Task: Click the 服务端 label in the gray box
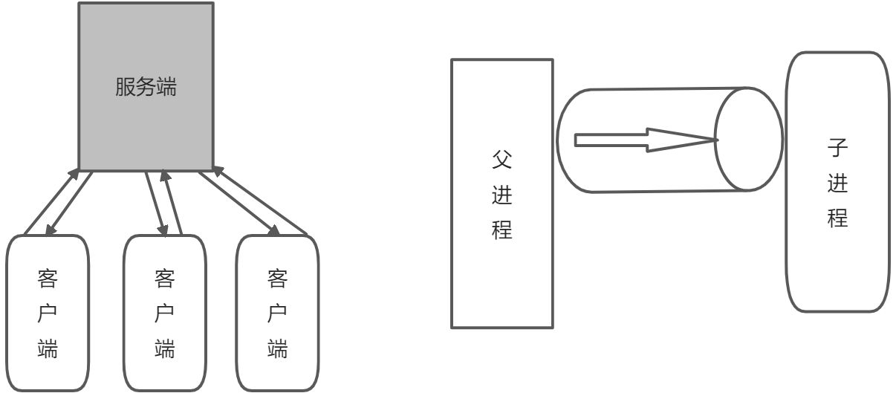click(x=146, y=88)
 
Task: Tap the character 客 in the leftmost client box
click(x=48, y=279)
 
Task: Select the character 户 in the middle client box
click(x=164, y=314)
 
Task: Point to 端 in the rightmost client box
click(x=277, y=348)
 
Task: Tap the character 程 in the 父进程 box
click(x=502, y=229)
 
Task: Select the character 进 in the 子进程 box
click(x=838, y=184)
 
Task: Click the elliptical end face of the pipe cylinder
click(x=749, y=139)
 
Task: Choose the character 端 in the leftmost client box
click(x=48, y=348)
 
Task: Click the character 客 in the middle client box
click(x=164, y=279)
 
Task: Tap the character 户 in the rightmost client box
click(x=277, y=314)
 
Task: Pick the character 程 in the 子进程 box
click(x=838, y=218)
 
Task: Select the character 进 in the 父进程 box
click(x=502, y=195)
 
